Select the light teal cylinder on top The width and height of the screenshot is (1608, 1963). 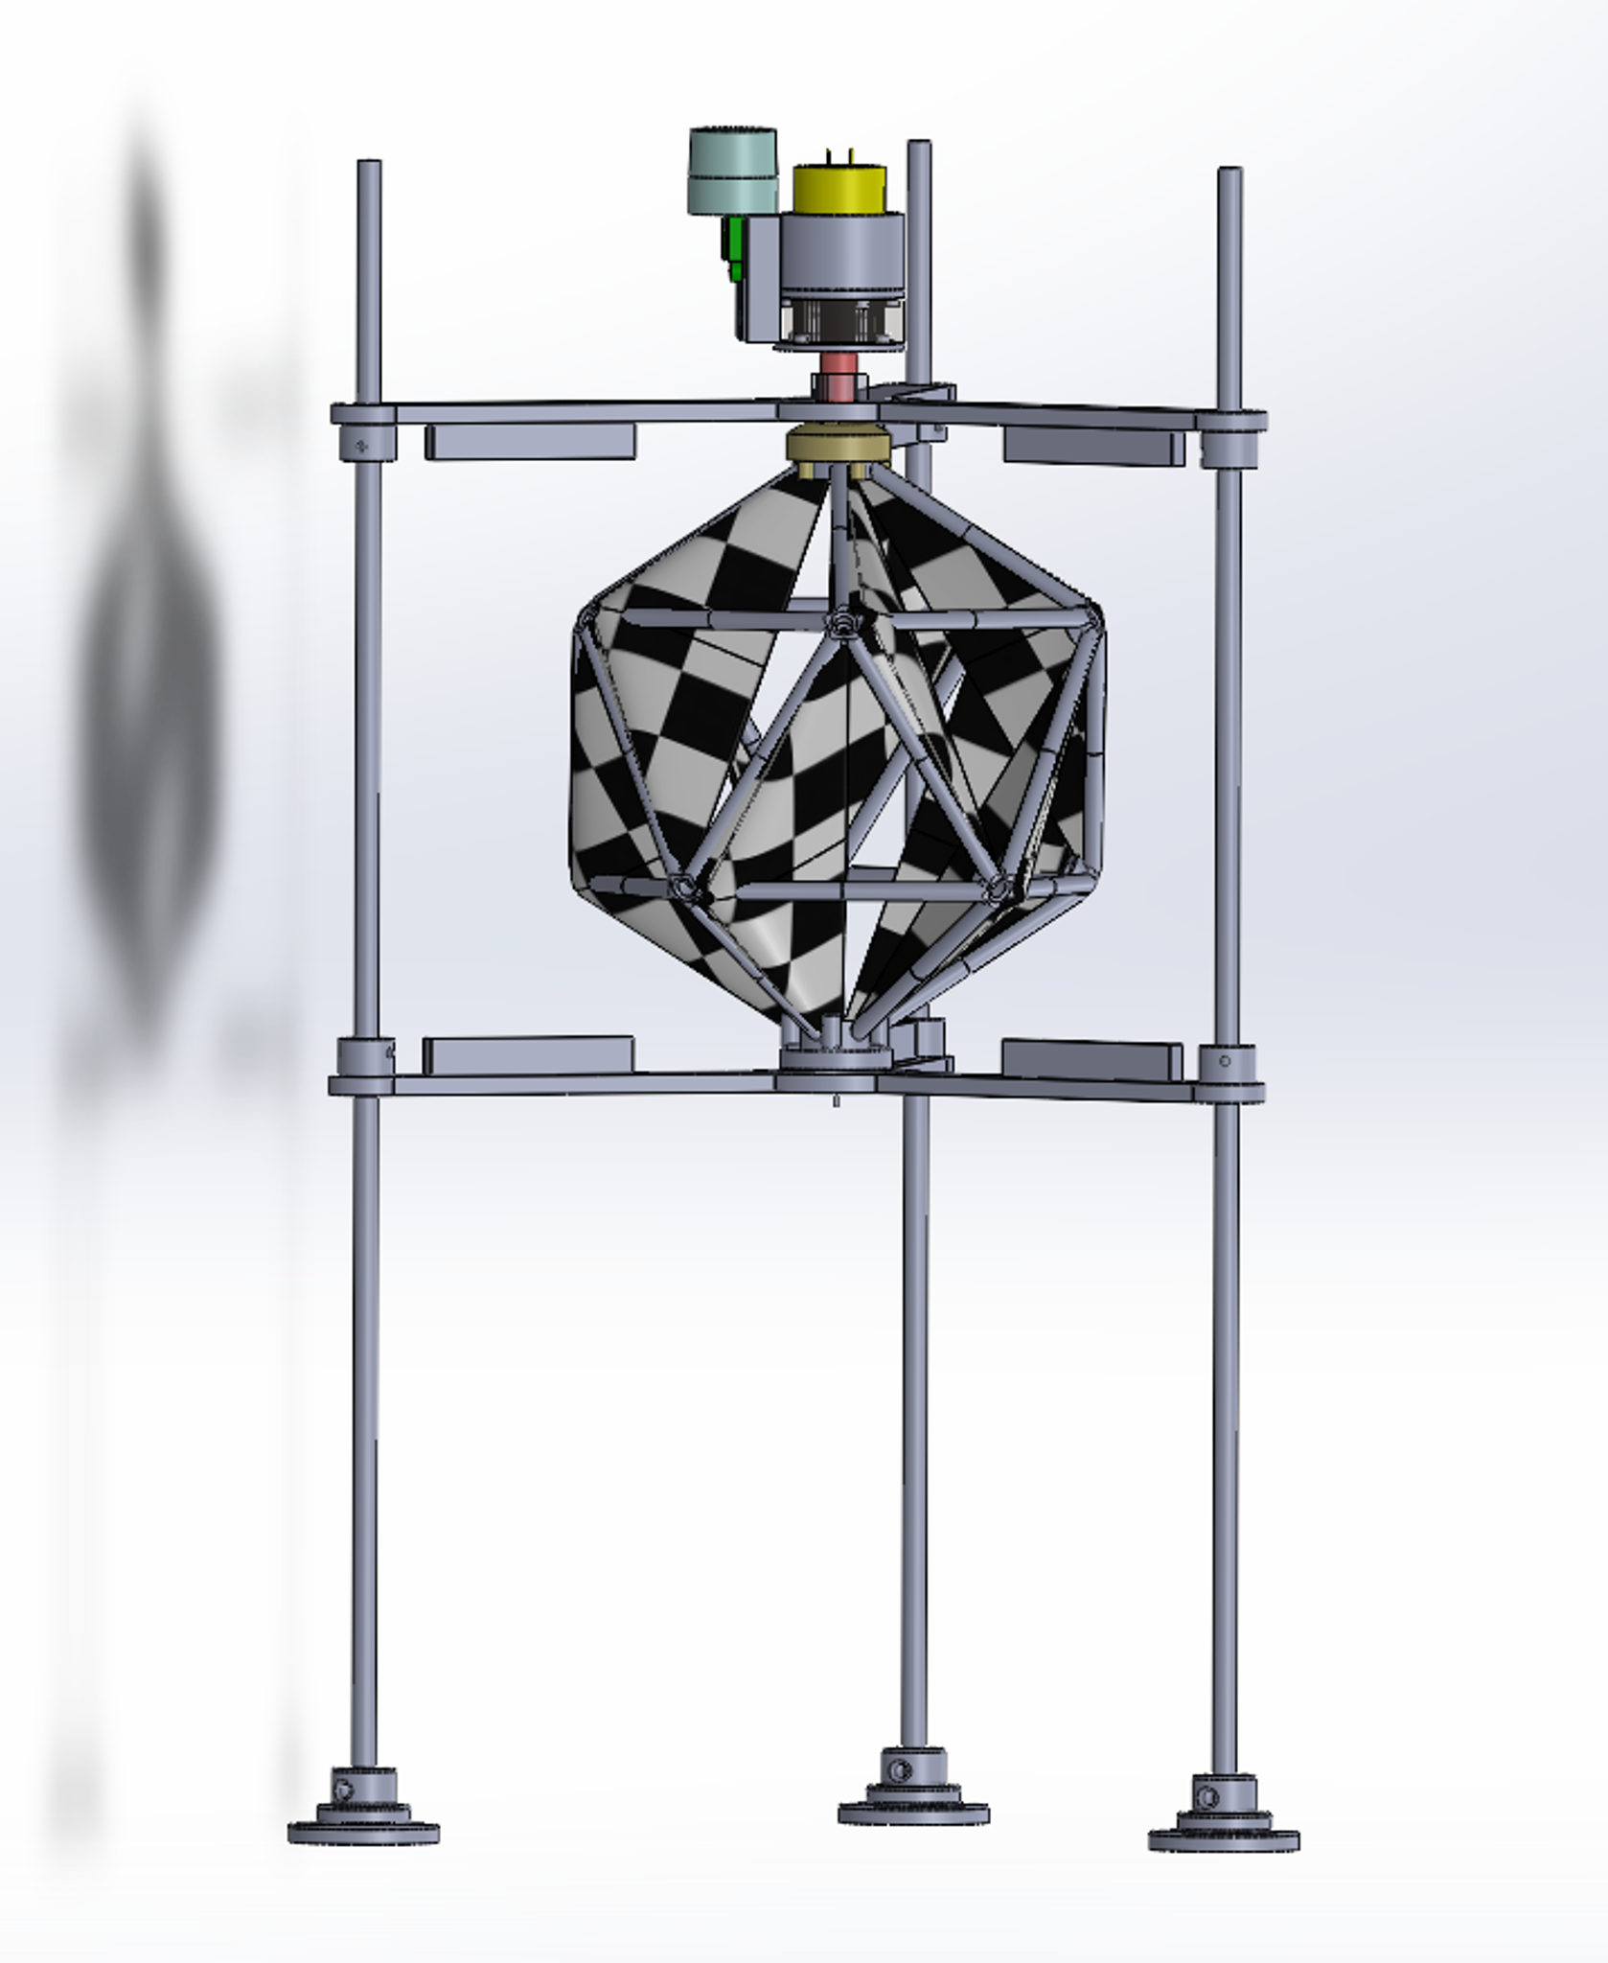click(732, 170)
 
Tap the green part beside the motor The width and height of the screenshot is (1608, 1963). click(735, 247)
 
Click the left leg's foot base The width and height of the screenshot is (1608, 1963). click(363, 1832)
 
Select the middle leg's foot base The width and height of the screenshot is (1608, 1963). click(913, 1812)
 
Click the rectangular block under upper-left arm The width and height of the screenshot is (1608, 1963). click(530, 442)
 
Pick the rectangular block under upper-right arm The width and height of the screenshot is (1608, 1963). click(1093, 447)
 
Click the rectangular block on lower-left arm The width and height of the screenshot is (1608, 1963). click(528, 1055)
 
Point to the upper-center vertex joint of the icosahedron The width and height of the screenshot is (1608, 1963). click(841, 624)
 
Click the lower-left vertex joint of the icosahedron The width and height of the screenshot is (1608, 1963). click(684, 888)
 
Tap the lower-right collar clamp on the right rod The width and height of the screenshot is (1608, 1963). click(1226, 1062)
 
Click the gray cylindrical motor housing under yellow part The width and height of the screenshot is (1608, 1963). click(841, 254)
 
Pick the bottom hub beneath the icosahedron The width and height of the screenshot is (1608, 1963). click(835, 1058)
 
